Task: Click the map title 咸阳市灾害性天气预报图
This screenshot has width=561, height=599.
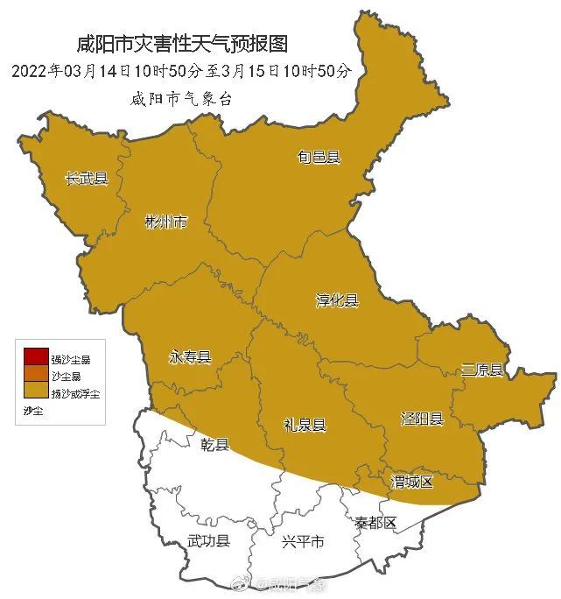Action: [182, 43]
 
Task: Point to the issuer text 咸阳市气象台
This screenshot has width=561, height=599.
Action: [181, 98]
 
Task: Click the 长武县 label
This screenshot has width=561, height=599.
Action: [87, 179]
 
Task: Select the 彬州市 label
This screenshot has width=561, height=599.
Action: [165, 222]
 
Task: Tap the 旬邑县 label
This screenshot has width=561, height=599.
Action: [319, 158]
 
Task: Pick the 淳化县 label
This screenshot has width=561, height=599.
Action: [337, 300]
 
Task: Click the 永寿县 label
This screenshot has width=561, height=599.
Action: [190, 357]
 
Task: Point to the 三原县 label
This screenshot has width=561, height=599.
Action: [483, 370]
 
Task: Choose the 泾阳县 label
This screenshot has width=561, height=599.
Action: [422, 419]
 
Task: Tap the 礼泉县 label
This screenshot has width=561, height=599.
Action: [305, 426]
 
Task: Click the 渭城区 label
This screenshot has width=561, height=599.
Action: [411, 483]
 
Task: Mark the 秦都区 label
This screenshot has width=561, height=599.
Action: [375, 523]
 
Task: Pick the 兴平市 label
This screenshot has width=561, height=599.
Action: [303, 542]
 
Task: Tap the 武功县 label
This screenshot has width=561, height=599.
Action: [208, 542]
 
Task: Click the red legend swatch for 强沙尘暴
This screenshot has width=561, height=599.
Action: [36, 357]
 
